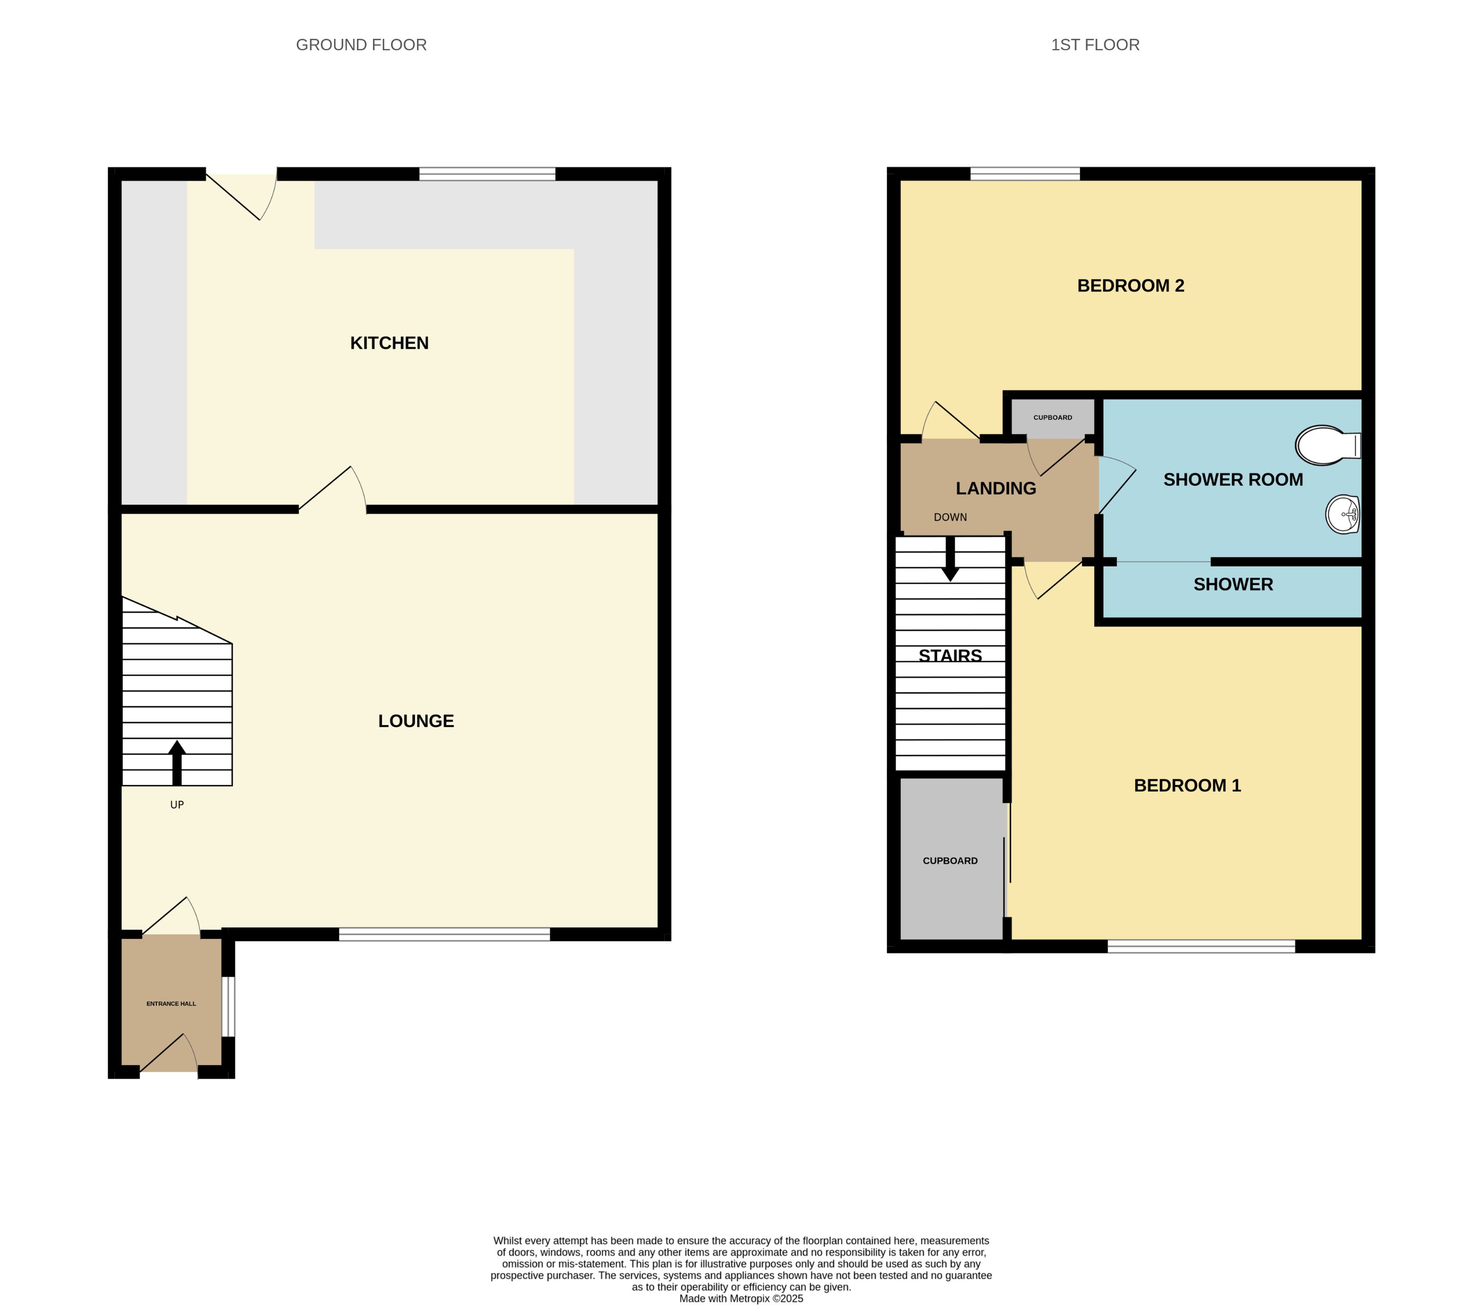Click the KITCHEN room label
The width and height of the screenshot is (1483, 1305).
[389, 343]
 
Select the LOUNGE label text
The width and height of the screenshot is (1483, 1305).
[416, 721]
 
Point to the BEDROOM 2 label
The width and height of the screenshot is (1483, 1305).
[1130, 286]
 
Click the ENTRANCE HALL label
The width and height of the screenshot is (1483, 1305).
[171, 1004]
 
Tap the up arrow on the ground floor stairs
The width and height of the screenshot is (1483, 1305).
[177, 762]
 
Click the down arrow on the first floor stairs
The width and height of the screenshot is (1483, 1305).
[949, 559]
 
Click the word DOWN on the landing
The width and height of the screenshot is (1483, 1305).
[949, 517]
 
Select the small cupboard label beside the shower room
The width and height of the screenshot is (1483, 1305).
[1052, 418]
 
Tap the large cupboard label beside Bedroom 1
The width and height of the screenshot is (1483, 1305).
[949, 861]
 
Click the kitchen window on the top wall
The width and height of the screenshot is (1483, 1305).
[487, 174]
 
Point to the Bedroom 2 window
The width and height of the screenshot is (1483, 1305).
[1025, 174]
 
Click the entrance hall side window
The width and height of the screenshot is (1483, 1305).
[228, 1006]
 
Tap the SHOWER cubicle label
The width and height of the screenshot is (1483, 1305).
[1233, 585]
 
